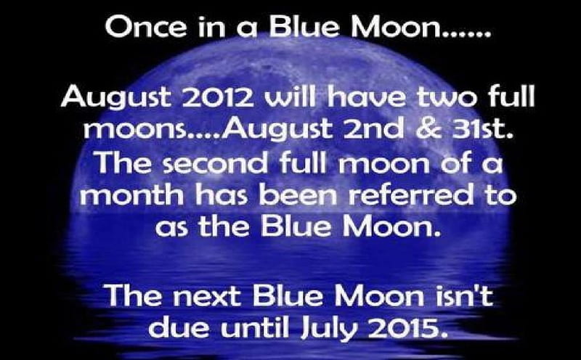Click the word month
[131, 195]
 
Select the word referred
[410, 195]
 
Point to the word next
[210, 296]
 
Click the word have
[367, 96]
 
